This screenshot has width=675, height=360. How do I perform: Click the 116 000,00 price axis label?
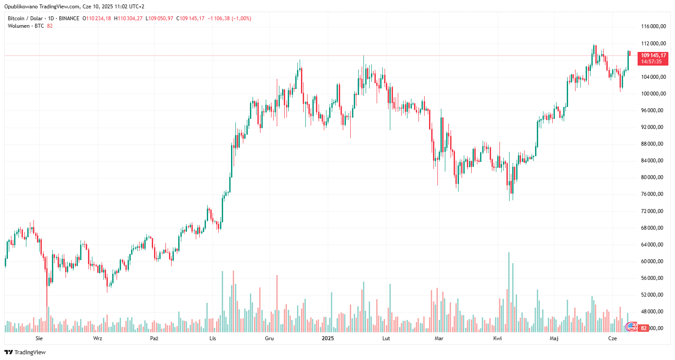(653, 26)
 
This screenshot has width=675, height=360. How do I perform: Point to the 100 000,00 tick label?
(653, 94)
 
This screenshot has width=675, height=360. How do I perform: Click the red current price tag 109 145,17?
(653, 55)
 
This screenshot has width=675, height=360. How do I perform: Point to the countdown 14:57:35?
(651, 62)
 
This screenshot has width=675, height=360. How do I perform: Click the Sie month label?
(39, 338)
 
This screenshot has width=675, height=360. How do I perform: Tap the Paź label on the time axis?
(154, 338)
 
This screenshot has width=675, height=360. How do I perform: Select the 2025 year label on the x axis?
(328, 338)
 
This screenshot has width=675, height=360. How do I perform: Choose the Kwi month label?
(497, 338)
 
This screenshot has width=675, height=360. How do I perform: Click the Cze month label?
(613, 338)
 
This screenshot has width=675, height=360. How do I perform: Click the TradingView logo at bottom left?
(25, 352)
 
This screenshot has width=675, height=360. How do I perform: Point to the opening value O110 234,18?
(97, 18)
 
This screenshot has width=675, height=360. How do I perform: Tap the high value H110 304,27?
(128, 18)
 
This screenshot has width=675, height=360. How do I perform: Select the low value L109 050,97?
(160, 18)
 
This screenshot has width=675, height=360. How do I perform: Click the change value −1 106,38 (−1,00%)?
(229, 18)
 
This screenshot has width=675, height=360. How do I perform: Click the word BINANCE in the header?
(69, 18)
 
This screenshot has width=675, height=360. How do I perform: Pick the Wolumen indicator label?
(19, 26)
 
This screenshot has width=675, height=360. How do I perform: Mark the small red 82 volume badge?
(644, 328)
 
